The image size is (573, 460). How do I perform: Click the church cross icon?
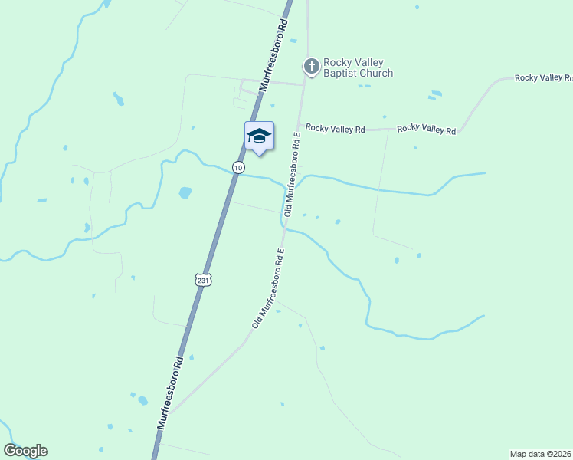point(311,67)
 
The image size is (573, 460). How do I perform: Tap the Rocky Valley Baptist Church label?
point(358,67)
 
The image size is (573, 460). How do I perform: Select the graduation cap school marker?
point(259,136)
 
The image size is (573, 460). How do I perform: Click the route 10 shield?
point(239,167)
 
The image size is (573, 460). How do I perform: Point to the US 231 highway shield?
point(202,281)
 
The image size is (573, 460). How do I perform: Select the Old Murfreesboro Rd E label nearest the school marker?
point(292,173)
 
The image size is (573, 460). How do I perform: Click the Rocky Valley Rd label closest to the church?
point(335,129)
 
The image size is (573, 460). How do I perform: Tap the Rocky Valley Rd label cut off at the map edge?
point(543,78)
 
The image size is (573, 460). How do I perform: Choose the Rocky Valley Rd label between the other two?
point(426,130)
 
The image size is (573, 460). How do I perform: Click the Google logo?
point(25,451)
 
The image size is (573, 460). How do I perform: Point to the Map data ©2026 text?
point(541,453)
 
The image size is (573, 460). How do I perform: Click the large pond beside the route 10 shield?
point(185,192)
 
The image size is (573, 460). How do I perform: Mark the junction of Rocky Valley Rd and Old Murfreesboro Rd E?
point(298,128)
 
